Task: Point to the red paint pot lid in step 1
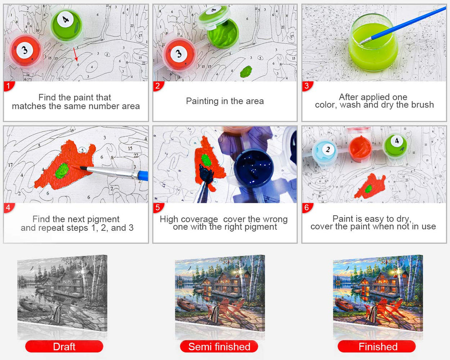pos(25,51)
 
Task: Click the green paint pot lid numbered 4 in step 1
pos(66,25)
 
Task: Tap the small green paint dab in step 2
pos(246,72)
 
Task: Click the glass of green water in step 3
pos(373,43)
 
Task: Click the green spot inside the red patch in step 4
pos(62,170)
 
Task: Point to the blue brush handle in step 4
pos(142,175)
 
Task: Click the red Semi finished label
pos(219,347)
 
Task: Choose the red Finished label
pos(377,347)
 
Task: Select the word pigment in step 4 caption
pos(103,219)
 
